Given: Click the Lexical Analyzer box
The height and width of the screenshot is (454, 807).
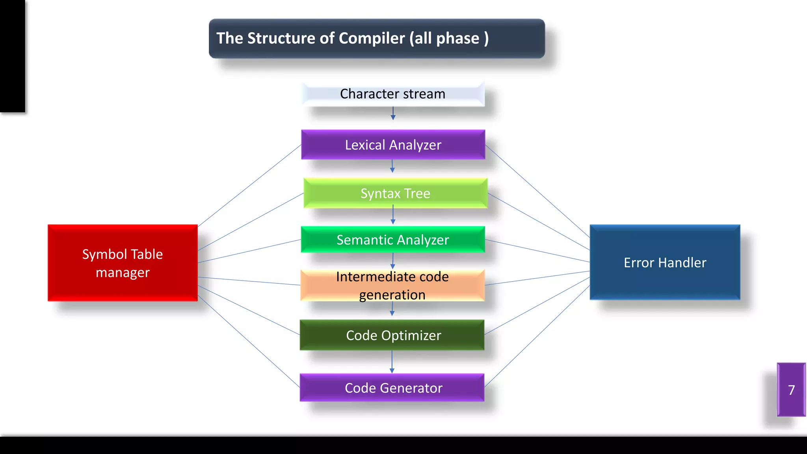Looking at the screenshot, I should tap(393, 145).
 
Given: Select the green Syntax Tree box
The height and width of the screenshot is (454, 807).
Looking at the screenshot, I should tap(395, 193).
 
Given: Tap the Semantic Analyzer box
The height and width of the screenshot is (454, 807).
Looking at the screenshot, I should tap(393, 240).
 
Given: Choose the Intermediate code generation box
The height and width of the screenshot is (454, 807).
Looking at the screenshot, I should tap(392, 286).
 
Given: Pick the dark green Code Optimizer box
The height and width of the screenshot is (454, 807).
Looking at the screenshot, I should tap(392, 335).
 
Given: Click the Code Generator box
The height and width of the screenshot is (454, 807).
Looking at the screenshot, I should tap(392, 388).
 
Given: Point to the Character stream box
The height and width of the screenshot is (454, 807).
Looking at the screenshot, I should tap(393, 94).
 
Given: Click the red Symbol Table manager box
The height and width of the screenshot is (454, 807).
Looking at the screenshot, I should tap(123, 263).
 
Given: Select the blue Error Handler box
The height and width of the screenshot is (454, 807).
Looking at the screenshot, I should tap(665, 262).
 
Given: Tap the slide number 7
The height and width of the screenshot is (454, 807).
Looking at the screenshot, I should tap(791, 390).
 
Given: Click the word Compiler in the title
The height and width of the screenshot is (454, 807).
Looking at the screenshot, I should tap(372, 38).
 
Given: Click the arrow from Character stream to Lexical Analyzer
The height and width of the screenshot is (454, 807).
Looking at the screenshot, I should tap(393, 113).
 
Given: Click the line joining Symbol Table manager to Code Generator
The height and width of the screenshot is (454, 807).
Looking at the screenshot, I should tap(249, 341).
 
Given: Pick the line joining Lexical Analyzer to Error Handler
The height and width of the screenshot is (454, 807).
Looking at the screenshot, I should tap(537, 191).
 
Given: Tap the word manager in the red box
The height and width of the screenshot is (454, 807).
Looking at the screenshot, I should tap(123, 273).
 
